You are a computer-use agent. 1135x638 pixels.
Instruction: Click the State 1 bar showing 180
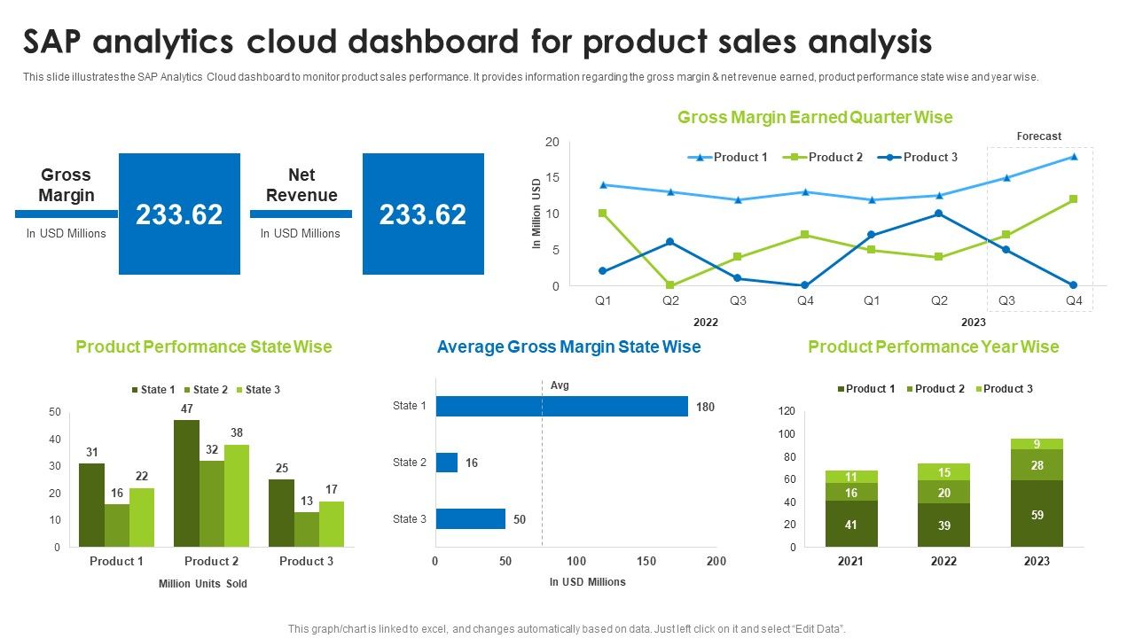tap(561, 406)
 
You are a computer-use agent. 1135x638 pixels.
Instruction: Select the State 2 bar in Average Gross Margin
tap(446, 463)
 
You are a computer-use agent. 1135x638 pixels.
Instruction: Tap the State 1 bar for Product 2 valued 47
tap(186, 483)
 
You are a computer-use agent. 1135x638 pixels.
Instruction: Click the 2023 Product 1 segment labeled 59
tap(1037, 514)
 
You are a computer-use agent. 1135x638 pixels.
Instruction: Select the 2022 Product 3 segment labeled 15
tap(944, 472)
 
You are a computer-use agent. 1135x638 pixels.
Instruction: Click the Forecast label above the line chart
tap(1038, 136)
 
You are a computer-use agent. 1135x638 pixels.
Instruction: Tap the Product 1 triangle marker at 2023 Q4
tap(1074, 157)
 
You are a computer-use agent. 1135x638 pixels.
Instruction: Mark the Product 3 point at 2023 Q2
tap(939, 214)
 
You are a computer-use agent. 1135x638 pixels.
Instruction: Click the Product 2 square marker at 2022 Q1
tap(603, 214)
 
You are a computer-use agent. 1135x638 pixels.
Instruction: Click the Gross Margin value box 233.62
tap(179, 214)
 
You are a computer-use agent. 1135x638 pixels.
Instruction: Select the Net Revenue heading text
tap(301, 185)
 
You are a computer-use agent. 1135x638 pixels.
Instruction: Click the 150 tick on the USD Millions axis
tap(646, 561)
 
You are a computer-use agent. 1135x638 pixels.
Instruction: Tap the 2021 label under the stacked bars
tap(850, 561)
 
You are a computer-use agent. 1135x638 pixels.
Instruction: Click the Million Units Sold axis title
tap(203, 584)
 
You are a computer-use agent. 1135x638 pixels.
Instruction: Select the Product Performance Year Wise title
tap(933, 346)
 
